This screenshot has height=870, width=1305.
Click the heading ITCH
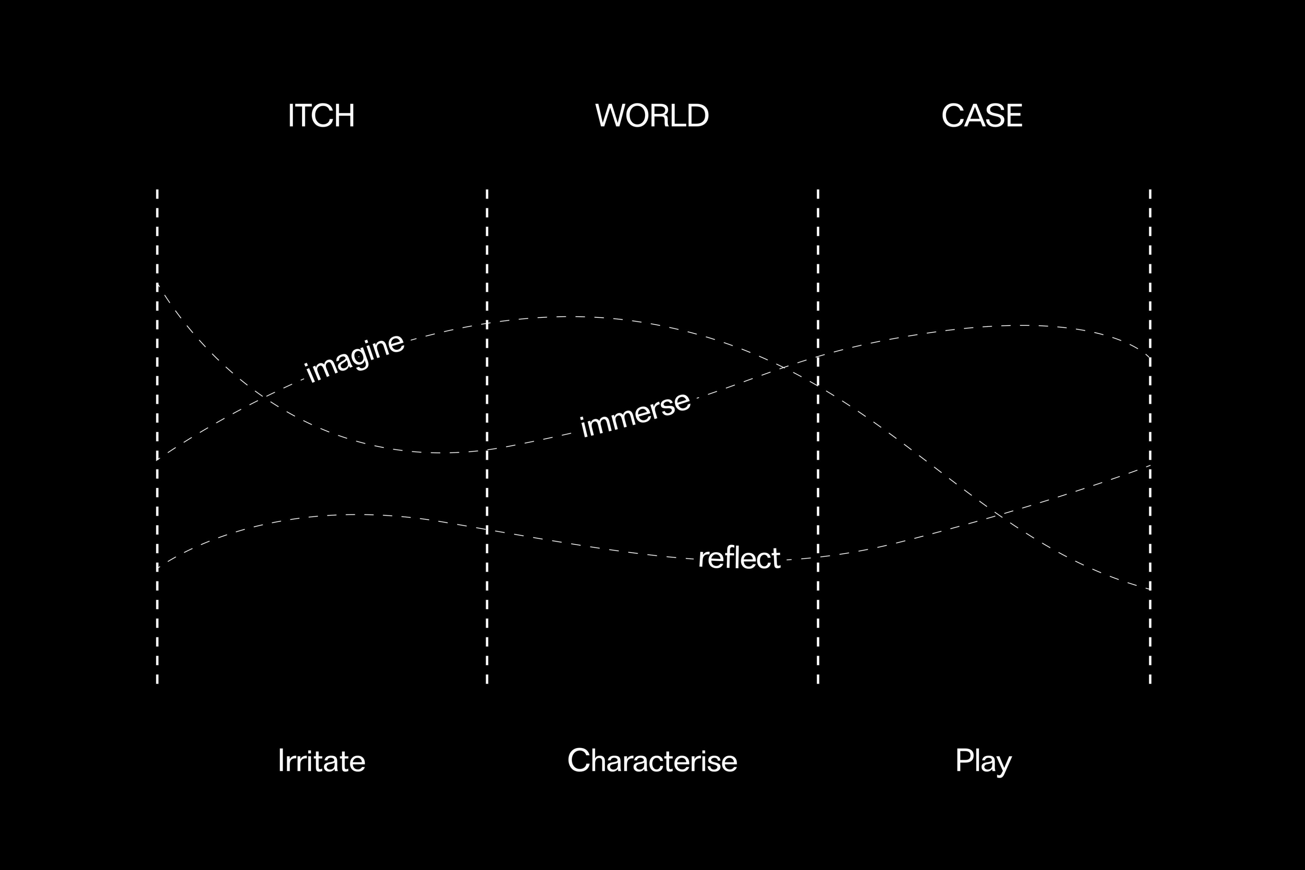pyautogui.click(x=321, y=116)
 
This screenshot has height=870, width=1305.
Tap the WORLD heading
pyautogui.click(x=652, y=116)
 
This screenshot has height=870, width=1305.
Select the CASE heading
pyautogui.click(x=981, y=116)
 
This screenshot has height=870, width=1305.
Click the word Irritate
pyautogui.click(x=322, y=761)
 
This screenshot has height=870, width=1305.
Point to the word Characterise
pyautogui.click(x=652, y=761)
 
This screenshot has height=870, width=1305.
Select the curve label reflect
pyautogui.click(x=739, y=558)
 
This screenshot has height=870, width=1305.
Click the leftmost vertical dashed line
pyautogui.click(x=158, y=436)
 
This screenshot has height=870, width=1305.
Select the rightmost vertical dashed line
pyautogui.click(x=1150, y=436)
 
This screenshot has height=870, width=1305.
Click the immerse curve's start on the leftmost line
pyautogui.click(x=158, y=283)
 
